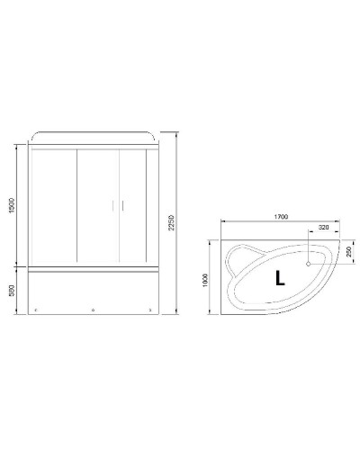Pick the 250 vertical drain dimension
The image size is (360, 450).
(x=349, y=254)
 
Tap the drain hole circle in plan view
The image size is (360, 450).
(x=309, y=265)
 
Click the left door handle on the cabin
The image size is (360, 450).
(x=112, y=206)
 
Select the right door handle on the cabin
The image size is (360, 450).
(x=119, y=206)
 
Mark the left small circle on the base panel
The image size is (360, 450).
(x=36, y=311)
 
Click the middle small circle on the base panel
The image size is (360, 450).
(x=94, y=311)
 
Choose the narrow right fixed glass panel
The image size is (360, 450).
(x=152, y=205)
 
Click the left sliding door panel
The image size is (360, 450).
(x=96, y=205)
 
